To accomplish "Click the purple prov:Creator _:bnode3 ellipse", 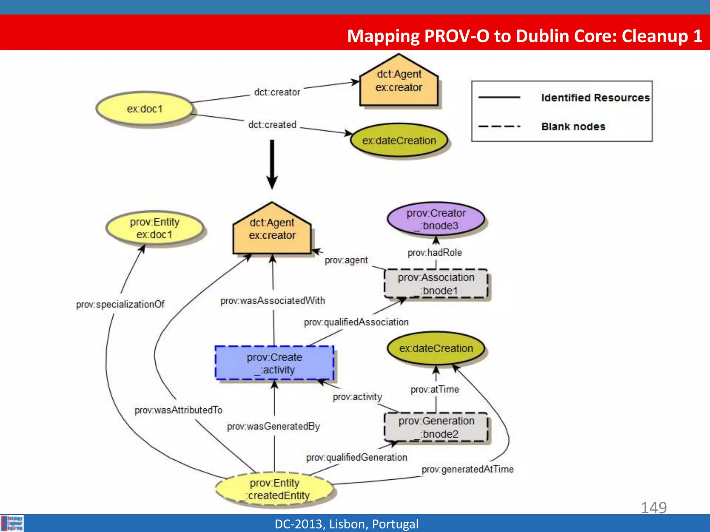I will coord(436,219).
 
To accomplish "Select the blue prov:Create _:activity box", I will coord(274,363).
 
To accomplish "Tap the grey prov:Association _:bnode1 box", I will coord(436,284).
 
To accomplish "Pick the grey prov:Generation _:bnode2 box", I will coord(436,427).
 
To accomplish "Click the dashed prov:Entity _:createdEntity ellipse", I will coord(274,489).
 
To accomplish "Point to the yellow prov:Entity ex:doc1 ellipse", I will coord(155,228).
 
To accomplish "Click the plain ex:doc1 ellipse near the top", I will coord(145,109).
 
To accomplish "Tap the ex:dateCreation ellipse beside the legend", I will coord(399,141).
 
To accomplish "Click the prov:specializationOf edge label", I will coord(120,304).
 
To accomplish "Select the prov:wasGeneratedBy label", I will coord(274,426).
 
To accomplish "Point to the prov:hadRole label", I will coord(435,253).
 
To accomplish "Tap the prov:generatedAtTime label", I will coord(467,469).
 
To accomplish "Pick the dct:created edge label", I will coord(272,125).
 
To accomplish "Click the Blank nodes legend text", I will coord(573,126).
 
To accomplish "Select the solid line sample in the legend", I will coord(499,98).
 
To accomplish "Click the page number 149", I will coord(653,508).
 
